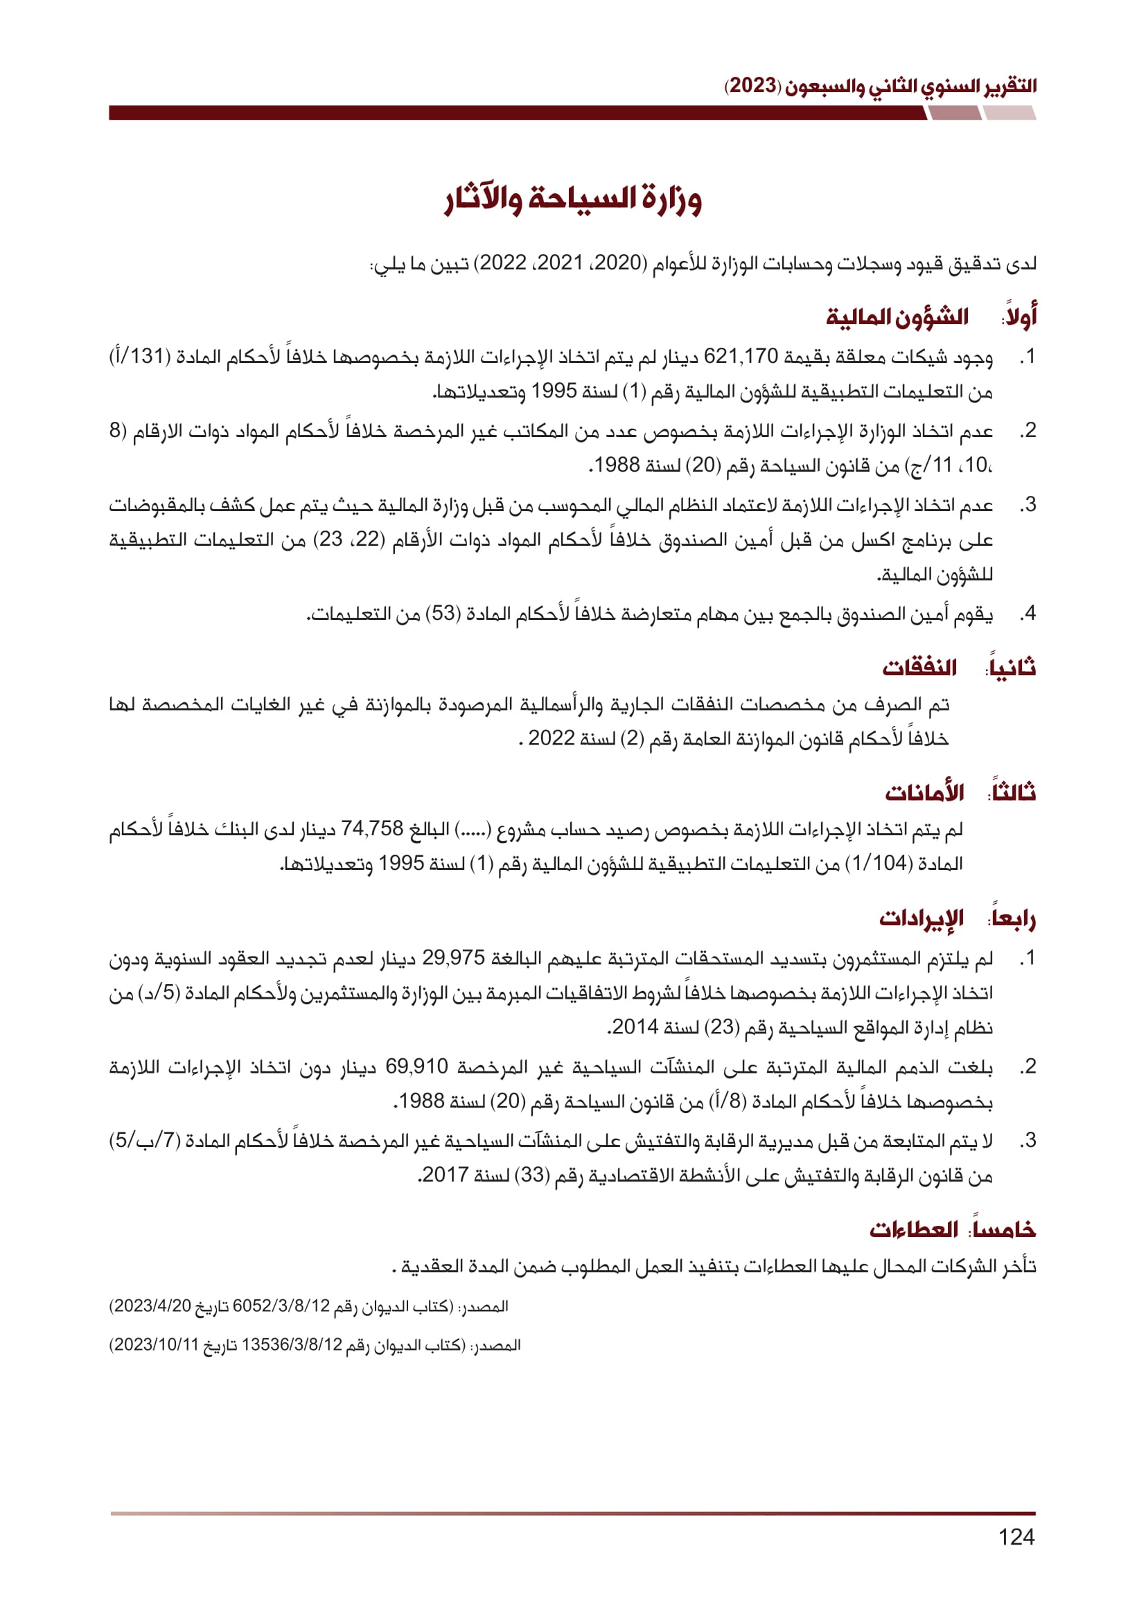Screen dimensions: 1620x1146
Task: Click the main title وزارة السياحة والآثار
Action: (x=573, y=199)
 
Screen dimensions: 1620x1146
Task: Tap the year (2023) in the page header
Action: (x=753, y=86)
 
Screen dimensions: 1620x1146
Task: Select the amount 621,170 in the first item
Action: (x=740, y=356)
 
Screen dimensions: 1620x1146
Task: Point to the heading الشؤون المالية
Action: (x=897, y=317)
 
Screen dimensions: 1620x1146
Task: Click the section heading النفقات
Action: (x=919, y=667)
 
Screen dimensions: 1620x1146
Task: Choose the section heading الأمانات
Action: (x=924, y=792)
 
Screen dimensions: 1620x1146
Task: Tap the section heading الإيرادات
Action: (x=921, y=918)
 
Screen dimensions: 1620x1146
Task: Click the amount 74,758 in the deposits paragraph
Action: (x=372, y=828)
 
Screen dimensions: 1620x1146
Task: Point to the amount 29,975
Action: (x=454, y=957)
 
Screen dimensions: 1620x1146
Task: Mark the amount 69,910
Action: (x=416, y=1066)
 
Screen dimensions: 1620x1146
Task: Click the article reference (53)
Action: (x=444, y=613)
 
